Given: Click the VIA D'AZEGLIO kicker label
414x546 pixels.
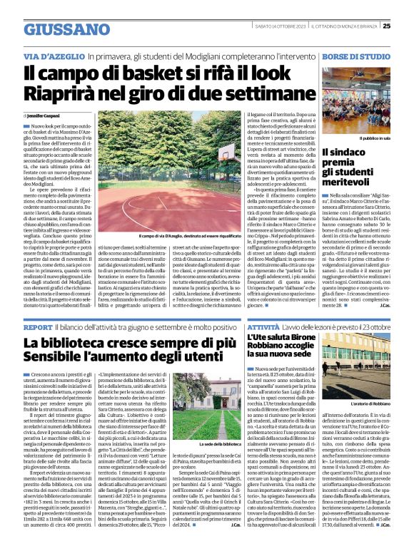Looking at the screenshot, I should coord(48,55).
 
